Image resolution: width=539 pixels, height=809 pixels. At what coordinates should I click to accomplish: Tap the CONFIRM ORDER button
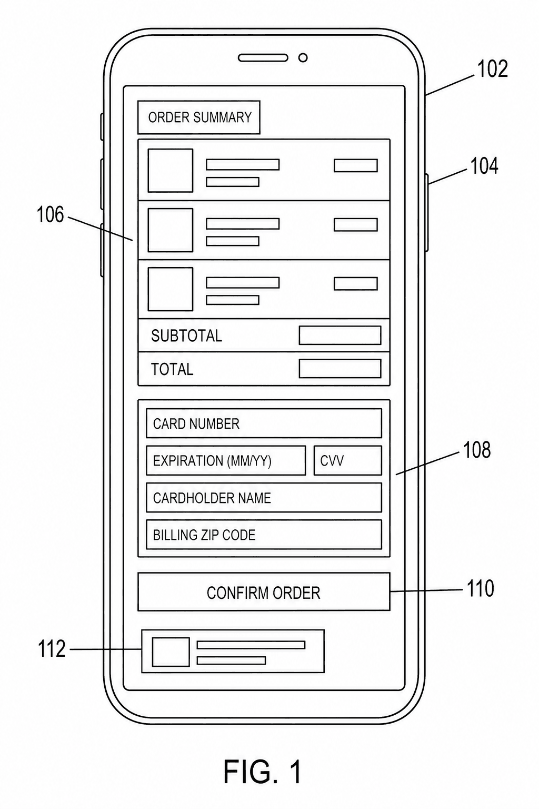264,591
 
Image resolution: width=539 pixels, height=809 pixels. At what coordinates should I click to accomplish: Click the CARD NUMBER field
264,423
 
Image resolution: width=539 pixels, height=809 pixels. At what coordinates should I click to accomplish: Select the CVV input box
347,460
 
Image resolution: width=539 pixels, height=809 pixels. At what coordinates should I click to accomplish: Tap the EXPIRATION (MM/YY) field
226,460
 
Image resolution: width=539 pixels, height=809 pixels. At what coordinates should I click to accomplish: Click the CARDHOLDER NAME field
264,498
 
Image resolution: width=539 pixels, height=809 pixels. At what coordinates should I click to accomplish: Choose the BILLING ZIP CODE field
264,535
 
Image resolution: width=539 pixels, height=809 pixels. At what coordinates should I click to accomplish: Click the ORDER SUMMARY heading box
199,117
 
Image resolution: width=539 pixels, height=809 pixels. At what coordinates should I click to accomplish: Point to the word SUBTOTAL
186,336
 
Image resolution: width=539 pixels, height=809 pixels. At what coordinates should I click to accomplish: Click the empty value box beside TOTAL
340,368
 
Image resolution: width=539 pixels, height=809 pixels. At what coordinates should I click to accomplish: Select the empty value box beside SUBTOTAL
340,335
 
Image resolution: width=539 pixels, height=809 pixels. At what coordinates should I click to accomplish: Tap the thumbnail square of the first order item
171,171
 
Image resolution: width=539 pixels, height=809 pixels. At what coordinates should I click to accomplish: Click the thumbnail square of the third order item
171,289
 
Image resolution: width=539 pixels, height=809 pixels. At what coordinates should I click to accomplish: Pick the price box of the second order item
356,225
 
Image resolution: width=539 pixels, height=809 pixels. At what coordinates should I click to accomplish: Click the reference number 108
477,450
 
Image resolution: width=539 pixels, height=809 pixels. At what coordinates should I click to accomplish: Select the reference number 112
52,649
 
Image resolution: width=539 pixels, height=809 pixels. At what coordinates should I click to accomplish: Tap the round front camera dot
303,58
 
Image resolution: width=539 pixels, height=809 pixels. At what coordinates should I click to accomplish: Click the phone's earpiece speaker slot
263,58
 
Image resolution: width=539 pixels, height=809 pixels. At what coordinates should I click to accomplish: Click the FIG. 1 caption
263,771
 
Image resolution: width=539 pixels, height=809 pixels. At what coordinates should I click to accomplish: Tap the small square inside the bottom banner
171,652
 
